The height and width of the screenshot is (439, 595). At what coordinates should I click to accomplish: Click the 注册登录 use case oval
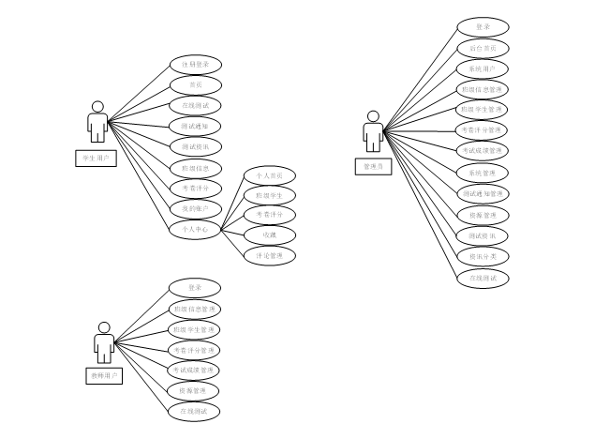pyautogui.click(x=196, y=64)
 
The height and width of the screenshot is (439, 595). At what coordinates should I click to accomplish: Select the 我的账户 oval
pyautogui.click(x=196, y=207)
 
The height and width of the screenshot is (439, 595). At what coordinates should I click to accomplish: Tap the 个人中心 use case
pyautogui.click(x=195, y=228)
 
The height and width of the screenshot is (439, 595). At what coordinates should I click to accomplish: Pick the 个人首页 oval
pyautogui.click(x=270, y=175)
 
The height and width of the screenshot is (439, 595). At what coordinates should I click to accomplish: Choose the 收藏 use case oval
pyautogui.click(x=270, y=235)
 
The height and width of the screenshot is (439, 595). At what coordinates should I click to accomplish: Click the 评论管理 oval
pyautogui.click(x=270, y=255)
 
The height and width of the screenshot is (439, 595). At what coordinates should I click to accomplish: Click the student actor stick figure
pyautogui.click(x=97, y=122)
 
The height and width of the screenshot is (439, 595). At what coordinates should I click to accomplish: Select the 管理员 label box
pyautogui.click(x=372, y=166)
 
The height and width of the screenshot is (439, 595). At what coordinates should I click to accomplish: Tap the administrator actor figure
pyautogui.click(x=373, y=130)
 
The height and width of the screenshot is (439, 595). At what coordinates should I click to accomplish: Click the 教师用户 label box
pyautogui.click(x=104, y=376)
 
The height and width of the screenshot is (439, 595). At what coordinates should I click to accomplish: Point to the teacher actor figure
pyautogui.click(x=104, y=341)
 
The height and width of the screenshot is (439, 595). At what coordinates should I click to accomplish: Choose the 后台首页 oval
pyautogui.click(x=483, y=48)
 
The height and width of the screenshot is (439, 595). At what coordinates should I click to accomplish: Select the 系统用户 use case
pyautogui.click(x=483, y=68)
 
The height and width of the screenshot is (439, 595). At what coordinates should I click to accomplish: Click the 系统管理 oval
pyautogui.click(x=483, y=173)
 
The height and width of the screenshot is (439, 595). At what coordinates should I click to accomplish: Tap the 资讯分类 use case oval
pyautogui.click(x=483, y=256)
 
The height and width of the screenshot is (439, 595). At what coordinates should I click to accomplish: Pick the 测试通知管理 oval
pyautogui.click(x=483, y=193)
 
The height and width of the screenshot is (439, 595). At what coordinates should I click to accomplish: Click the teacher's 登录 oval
pyautogui.click(x=195, y=287)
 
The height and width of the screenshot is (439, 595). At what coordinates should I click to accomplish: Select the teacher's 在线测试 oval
pyautogui.click(x=195, y=411)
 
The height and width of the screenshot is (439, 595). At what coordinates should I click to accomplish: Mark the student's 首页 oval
pyautogui.click(x=196, y=84)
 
